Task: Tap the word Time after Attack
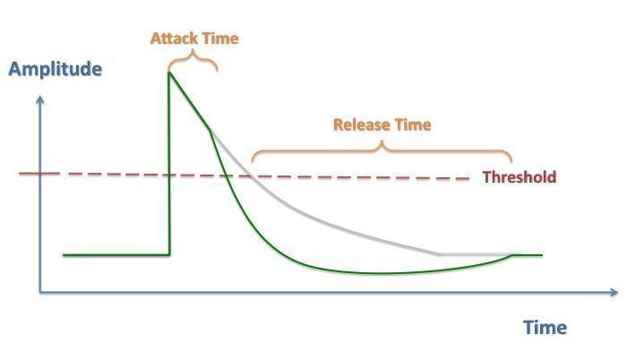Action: tap(221, 39)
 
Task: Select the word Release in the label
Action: tap(362, 124)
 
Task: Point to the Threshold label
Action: tap(519, 177)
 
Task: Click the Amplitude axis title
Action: tap(55, 69)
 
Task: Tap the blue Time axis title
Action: tap(545, 328)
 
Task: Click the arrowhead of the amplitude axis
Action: tap(40, 99)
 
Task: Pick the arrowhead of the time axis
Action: tap(614, 292)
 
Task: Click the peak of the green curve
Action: tap(169, 73)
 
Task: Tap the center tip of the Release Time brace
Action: tap(382, 142)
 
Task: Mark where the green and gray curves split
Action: tap(210, 130)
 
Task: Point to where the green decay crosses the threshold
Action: tap(226, 176)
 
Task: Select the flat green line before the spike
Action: tap(116, 255)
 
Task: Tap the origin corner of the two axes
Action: tap(40, 292)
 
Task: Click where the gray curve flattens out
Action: tap(440, 254)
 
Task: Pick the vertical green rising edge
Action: tap(169, 164)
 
